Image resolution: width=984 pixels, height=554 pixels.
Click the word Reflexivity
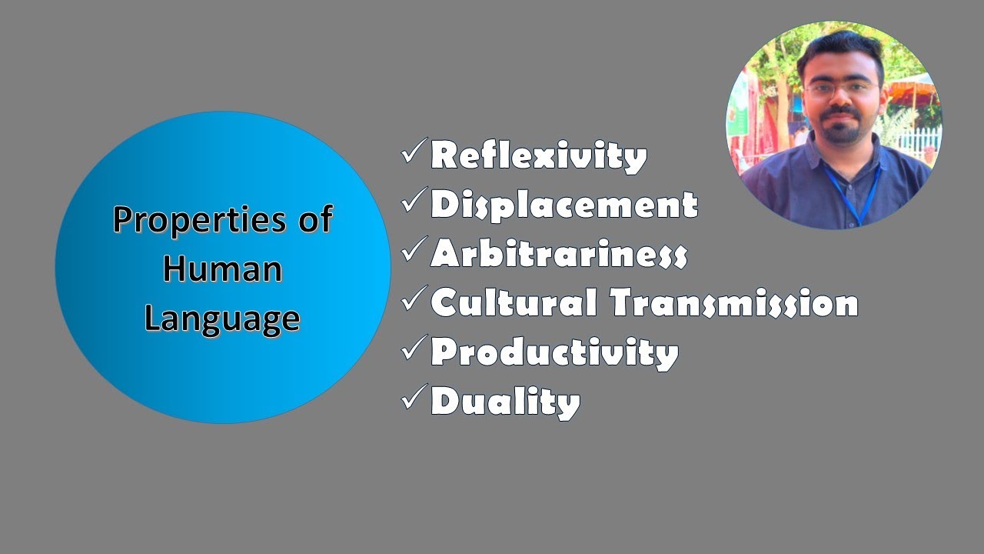(x=538, y=156)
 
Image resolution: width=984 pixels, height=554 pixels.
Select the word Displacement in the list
(x=563, y=205)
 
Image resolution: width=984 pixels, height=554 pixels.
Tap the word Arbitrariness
(x=558, y=254)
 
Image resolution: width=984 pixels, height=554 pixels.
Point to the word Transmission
(x=734, y=303)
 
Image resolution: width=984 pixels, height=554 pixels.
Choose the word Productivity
(x=554, y=352)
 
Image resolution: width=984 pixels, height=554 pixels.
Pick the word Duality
(x=505, y=402)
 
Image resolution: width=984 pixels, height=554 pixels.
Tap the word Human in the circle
(x=222, y=269)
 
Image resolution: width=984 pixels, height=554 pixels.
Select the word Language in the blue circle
(x=222, y=318)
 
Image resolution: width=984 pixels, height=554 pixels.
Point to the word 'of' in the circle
(x=314, y=220)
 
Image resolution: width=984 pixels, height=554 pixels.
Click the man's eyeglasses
(x=842, y=88)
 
